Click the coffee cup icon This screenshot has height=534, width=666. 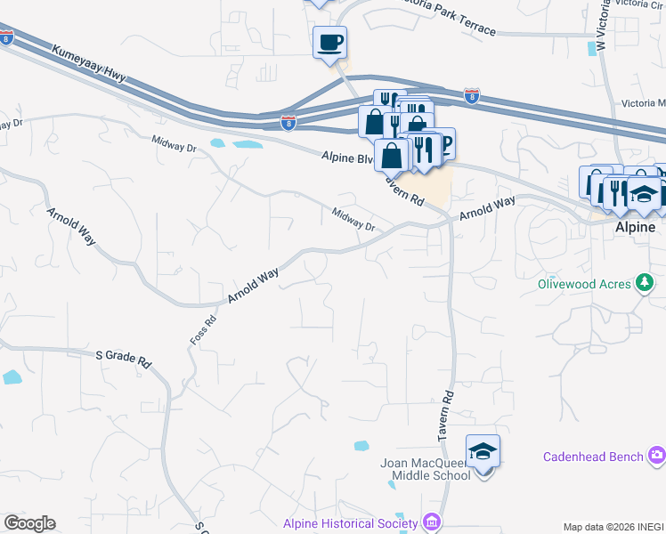pyautogui.click(x=329, y=42)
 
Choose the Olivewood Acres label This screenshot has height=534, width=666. pyautogui.click(x=583, y=285)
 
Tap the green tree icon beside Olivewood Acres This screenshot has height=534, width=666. pyautogui.click(x=645, y=285)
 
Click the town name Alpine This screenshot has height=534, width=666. pyautogui.click(x=636, y=227)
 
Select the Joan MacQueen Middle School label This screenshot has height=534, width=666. pyautogui.click(x=425, y=469)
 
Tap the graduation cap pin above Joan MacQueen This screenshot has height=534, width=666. pyautogui.click(x=483, y=453)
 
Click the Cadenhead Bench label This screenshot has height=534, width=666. pyautogui.click(x=593, y=457)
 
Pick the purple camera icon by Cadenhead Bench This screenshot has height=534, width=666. pyautogui.click(x=657, y=457)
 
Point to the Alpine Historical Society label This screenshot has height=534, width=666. pyautogui.click(x=351, y=523)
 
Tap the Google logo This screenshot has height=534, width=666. pyautogui.click(x=29, y=523)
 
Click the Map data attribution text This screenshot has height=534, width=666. pyautogui.click(x=613, y=527)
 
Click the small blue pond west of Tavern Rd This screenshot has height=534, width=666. pyautogui.click(x=361, y=446)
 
